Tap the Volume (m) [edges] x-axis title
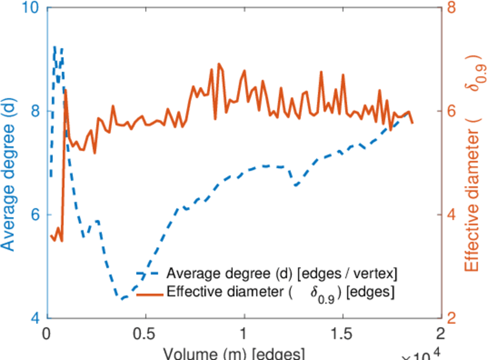click(237, 353)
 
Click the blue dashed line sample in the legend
click(149, 274)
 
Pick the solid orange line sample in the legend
click(149, 293)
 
